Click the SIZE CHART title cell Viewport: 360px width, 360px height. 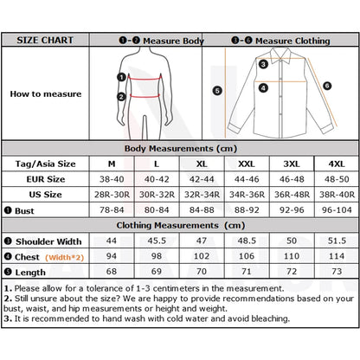(x=45, y=41)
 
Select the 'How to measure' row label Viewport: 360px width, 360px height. (x=45, y=93)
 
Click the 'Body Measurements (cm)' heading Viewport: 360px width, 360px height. (x=180, y=149)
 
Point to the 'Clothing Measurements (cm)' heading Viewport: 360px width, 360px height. (x=180, y=226)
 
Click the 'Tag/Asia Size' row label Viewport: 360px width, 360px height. (x=45, y=164)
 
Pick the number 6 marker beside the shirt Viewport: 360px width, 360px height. (x=326, y=86)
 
